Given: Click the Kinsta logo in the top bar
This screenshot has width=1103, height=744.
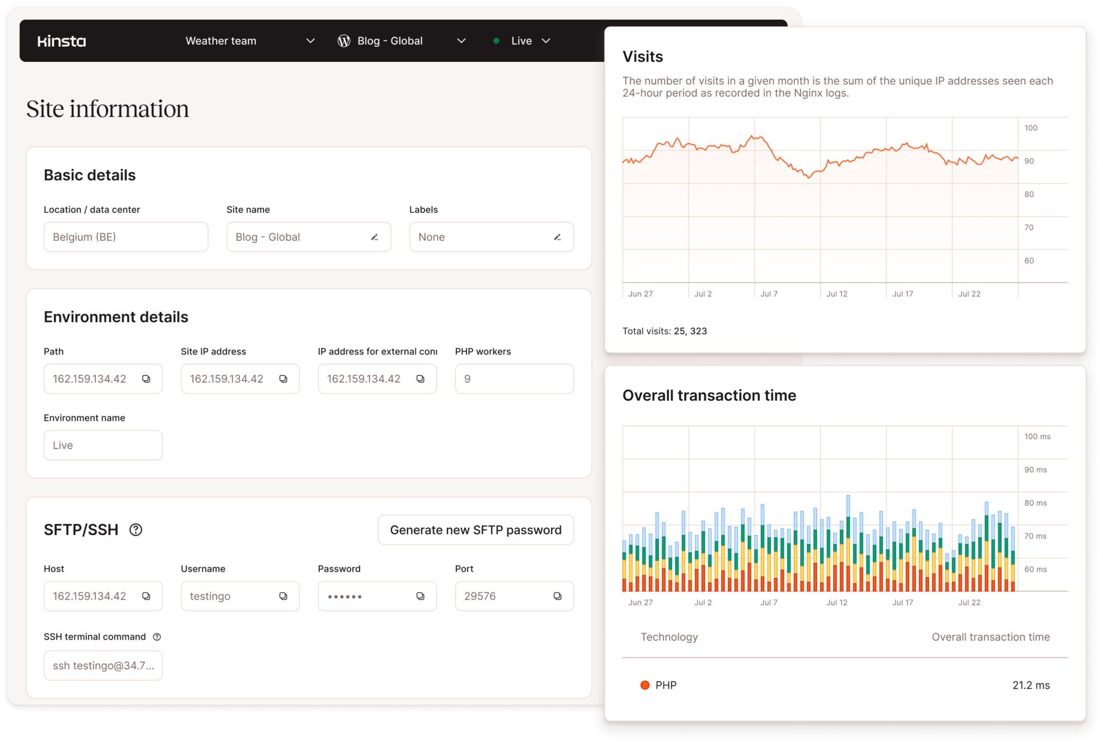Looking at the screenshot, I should click(x=61, y=41).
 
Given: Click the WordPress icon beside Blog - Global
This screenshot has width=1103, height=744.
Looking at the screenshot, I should click(x=344, y=41).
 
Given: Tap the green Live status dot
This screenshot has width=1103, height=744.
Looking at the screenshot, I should click(x=496, y=41).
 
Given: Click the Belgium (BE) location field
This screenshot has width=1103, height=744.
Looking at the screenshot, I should click(x=125, y=237).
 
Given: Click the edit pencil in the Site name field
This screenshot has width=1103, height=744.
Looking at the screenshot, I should click(x=375, y=237).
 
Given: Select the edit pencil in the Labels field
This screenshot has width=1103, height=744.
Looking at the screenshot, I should click(x=557, y=237).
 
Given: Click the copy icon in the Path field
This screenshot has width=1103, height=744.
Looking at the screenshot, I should click(x=146, y=379).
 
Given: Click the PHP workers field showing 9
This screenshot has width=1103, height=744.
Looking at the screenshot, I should click(x=514, y=379).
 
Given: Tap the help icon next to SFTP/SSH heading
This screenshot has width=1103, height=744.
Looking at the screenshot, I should click(x=136, y=530).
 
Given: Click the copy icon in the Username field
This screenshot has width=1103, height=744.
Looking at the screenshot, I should click(x=283, y=596).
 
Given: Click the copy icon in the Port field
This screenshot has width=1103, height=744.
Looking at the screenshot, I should click(x=557, y=596).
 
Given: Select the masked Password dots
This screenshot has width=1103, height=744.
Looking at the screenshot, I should click(x=345, y=596).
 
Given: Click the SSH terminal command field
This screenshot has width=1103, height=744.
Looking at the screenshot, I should click(x=103, y=665).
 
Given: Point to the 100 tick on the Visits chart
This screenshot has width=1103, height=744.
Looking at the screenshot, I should click(x=1031, y=128).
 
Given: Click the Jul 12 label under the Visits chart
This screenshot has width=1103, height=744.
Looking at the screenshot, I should click(x=836, y=294).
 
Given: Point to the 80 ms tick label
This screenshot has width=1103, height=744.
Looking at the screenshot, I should click(x=1035, y=503).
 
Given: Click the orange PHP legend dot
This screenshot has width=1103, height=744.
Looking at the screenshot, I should click(x=645, y=685).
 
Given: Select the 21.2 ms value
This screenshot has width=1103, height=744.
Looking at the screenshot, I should click(x=1031, y=685).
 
